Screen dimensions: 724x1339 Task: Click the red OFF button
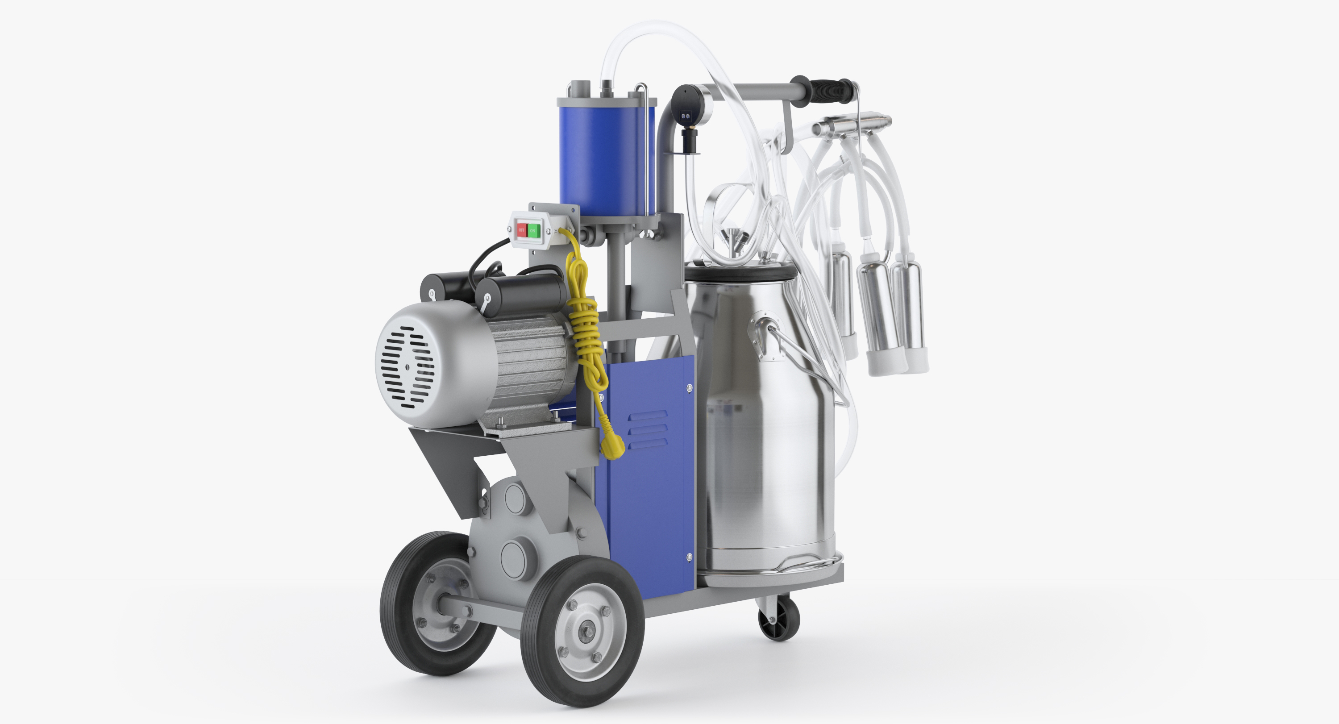pos(521,230)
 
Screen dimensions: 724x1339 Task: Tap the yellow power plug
pos(612,446)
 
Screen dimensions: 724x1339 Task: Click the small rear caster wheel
pos(778,620)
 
